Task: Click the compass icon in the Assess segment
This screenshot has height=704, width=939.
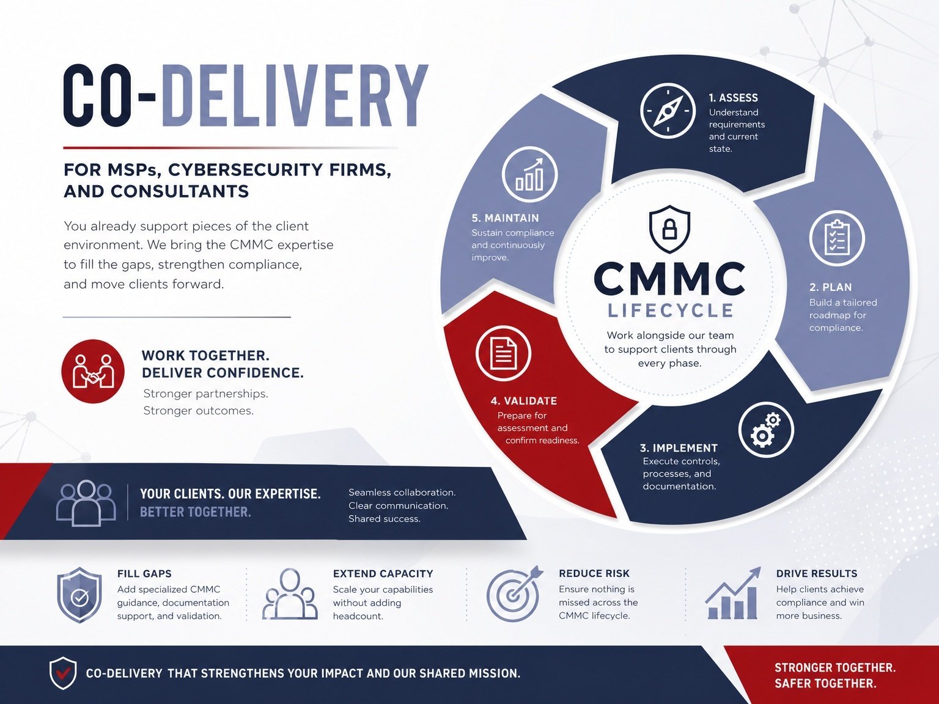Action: point(668,111)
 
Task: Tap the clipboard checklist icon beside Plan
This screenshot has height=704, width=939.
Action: point(837,238)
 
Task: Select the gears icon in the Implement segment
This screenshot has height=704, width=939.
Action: point(766,430)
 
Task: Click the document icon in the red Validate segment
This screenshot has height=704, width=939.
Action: point(503,353)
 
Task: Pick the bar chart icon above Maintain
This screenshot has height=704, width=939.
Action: point(529,174)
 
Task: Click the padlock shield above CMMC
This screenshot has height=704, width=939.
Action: point(669,229)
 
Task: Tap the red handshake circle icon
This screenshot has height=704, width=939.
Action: point(93,371)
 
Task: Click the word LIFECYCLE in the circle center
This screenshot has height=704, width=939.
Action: point(671,311)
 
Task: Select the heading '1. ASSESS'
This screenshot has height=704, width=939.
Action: point(733,98)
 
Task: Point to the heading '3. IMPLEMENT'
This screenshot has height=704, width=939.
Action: point(679,448)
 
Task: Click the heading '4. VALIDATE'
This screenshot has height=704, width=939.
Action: point(524,401)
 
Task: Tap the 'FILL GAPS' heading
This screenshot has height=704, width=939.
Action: point(144,574)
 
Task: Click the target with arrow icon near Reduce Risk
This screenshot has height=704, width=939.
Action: point(515,594)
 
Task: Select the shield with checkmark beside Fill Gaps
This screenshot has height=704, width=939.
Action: point(79,595)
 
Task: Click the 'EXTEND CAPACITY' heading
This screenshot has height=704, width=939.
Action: point(383,574)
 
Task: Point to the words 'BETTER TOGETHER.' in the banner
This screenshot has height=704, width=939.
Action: point(196,512)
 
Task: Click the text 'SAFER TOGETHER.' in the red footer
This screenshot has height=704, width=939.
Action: point(825,683)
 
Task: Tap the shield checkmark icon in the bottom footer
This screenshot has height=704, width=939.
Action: point(63,673)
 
